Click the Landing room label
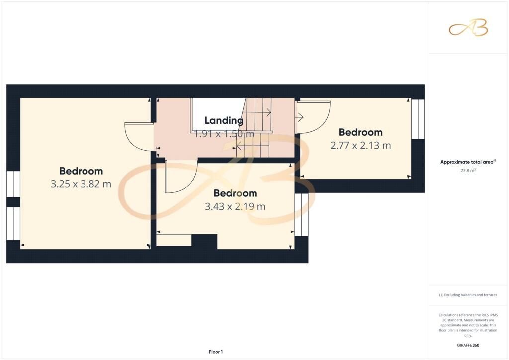click(224, 120)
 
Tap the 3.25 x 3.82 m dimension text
click(81, 184)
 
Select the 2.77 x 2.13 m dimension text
click(360, 145)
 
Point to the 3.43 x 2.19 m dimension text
click(235, 206)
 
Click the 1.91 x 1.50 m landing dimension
click(224, 134)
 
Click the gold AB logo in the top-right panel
click(468, 28)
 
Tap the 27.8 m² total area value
click(468, 170)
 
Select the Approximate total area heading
click(468, 162)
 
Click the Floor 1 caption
click(216, 352)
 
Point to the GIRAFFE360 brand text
click(468, 345)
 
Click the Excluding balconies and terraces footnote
click(468, 295)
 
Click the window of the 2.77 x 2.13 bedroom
click(418, 119)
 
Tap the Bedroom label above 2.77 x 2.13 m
click(360, 132)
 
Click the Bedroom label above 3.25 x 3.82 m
click(81, 171)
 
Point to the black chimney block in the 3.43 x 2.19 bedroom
click(204, 242)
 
